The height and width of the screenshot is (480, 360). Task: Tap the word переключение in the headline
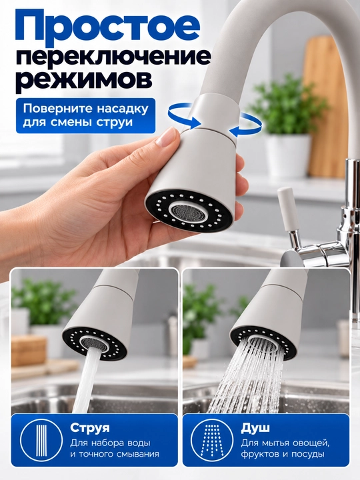pos(113,59)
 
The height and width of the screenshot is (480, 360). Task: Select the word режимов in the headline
pos(84,79)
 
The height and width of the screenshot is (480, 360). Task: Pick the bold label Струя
pos(90,427)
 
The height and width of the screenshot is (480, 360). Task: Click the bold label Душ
pos(255,427)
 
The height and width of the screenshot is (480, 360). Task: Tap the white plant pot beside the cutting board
pos(287,155)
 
